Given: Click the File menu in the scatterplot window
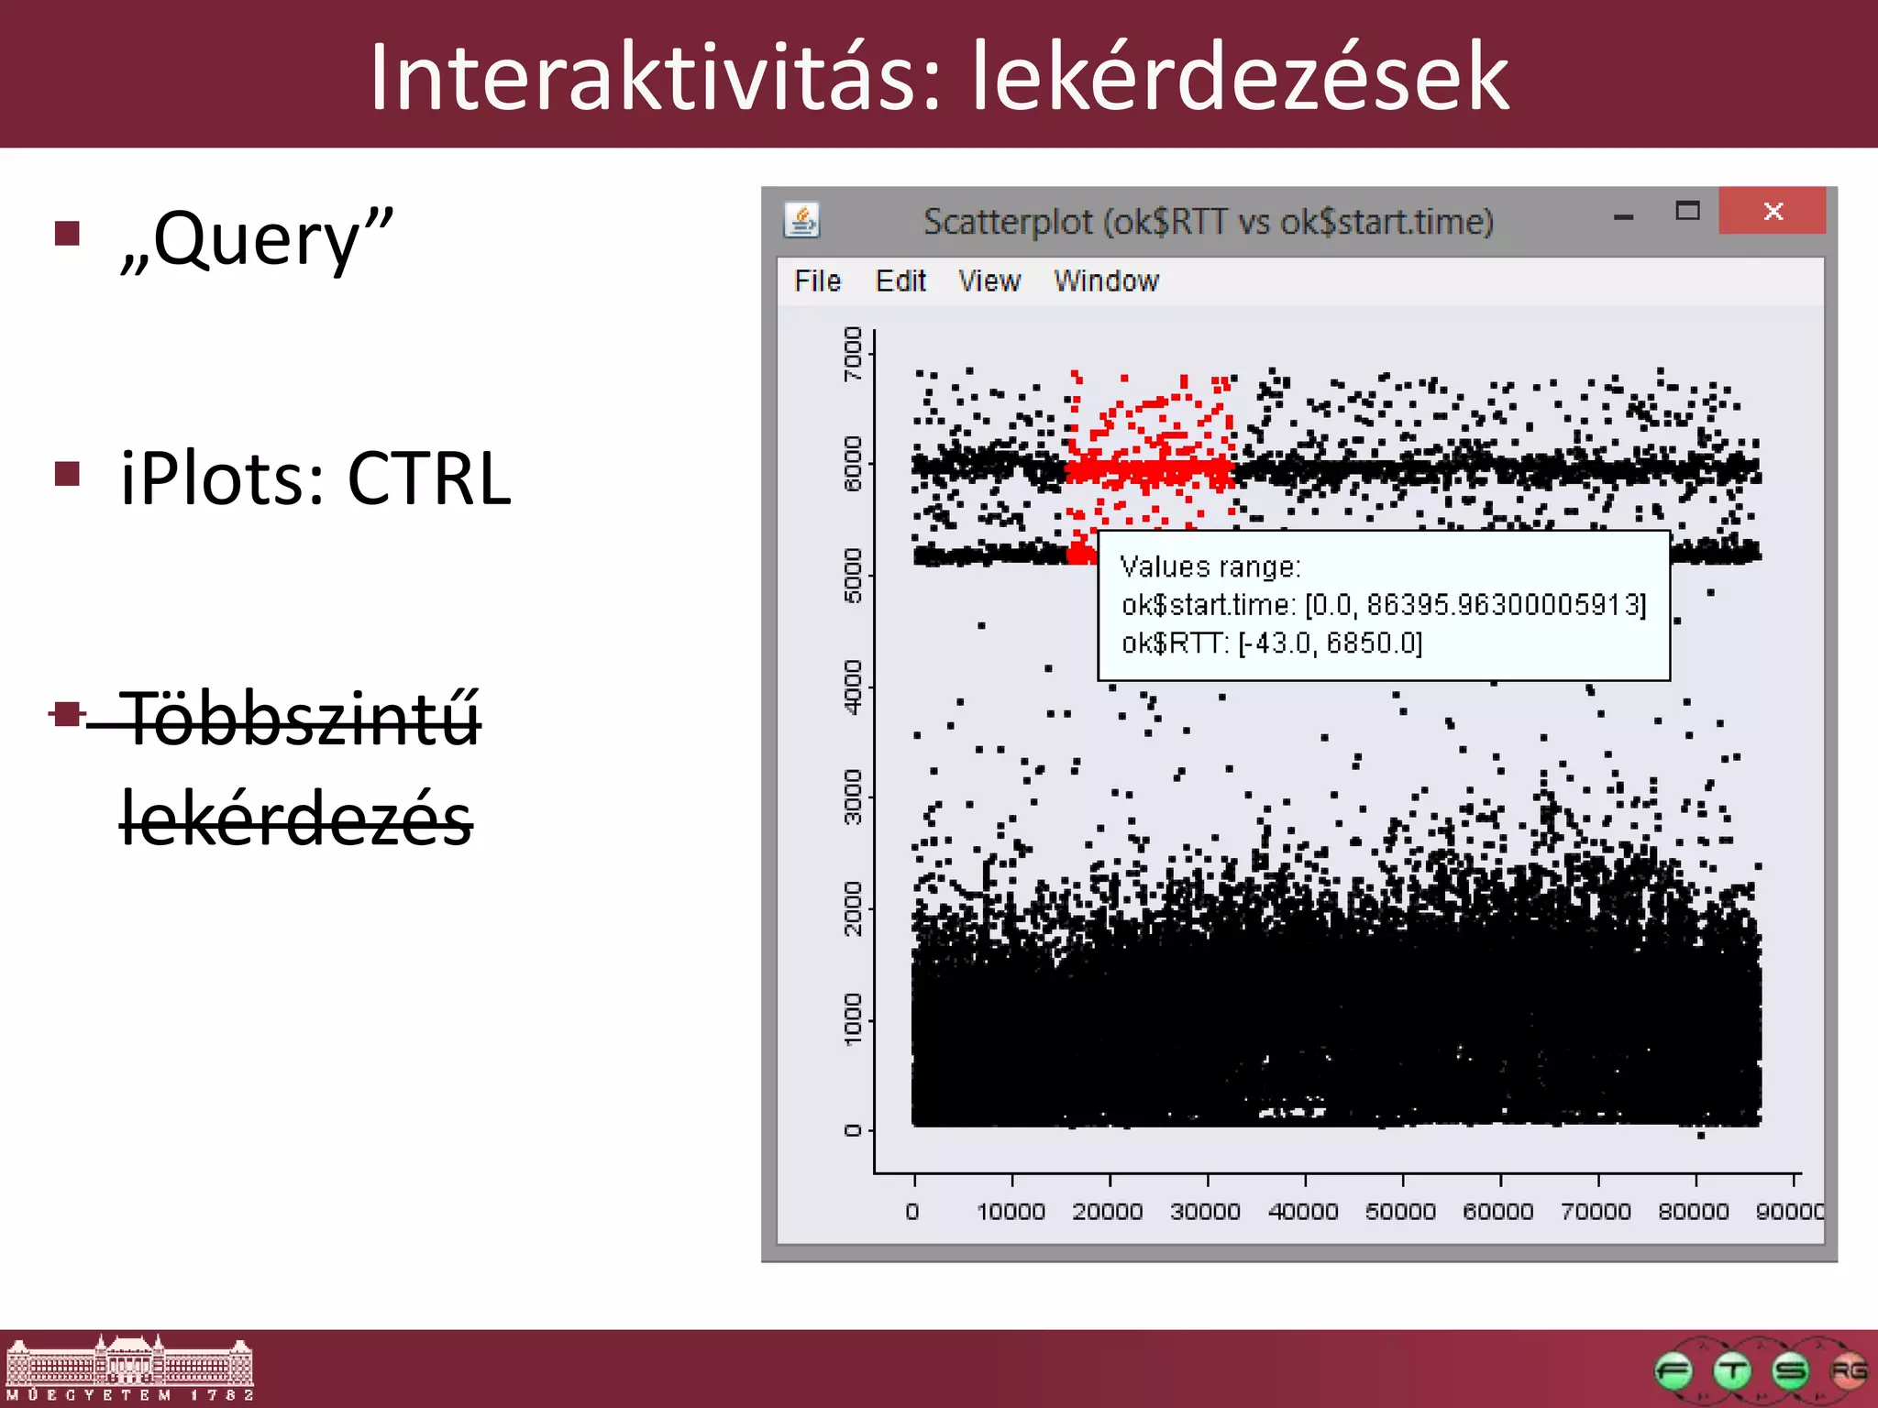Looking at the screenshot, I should point(817,280).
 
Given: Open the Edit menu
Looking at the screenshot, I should point(900,280).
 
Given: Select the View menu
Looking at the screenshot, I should point(989,280).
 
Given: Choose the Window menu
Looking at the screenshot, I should point(1106,280).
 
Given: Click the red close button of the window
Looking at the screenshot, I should point(1772,212).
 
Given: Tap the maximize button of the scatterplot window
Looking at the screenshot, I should point(1687,212).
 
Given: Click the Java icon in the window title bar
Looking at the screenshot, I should point(802,220).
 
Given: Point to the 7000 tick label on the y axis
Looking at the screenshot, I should point(853,354).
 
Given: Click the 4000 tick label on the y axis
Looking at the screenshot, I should point(853,687).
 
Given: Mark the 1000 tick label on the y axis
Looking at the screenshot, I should point(853,1019).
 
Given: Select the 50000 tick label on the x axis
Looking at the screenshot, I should point(1400,1212).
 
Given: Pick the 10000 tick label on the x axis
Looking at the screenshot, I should point(1011,1212).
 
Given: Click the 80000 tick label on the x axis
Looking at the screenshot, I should point(1694,1212).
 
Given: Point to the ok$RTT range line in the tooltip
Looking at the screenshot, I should point(1272,643).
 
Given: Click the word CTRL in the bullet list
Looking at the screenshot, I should point(429,478).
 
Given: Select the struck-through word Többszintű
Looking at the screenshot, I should point(303,720).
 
